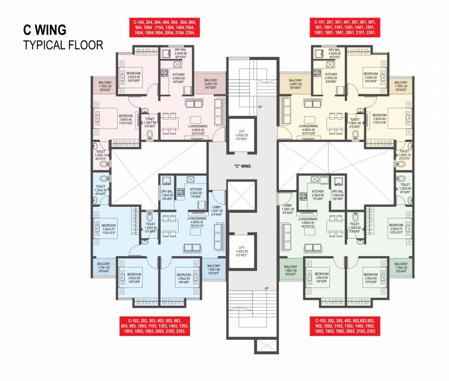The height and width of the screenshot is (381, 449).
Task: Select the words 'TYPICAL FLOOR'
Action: click(63, 45)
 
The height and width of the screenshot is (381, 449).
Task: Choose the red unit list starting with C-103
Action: click(154, 325)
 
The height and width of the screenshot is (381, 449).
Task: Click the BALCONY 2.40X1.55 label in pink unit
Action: click(210, 83)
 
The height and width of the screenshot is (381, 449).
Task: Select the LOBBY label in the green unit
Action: click(288, 207)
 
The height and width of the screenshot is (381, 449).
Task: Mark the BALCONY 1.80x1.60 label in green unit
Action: click(291, 269)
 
